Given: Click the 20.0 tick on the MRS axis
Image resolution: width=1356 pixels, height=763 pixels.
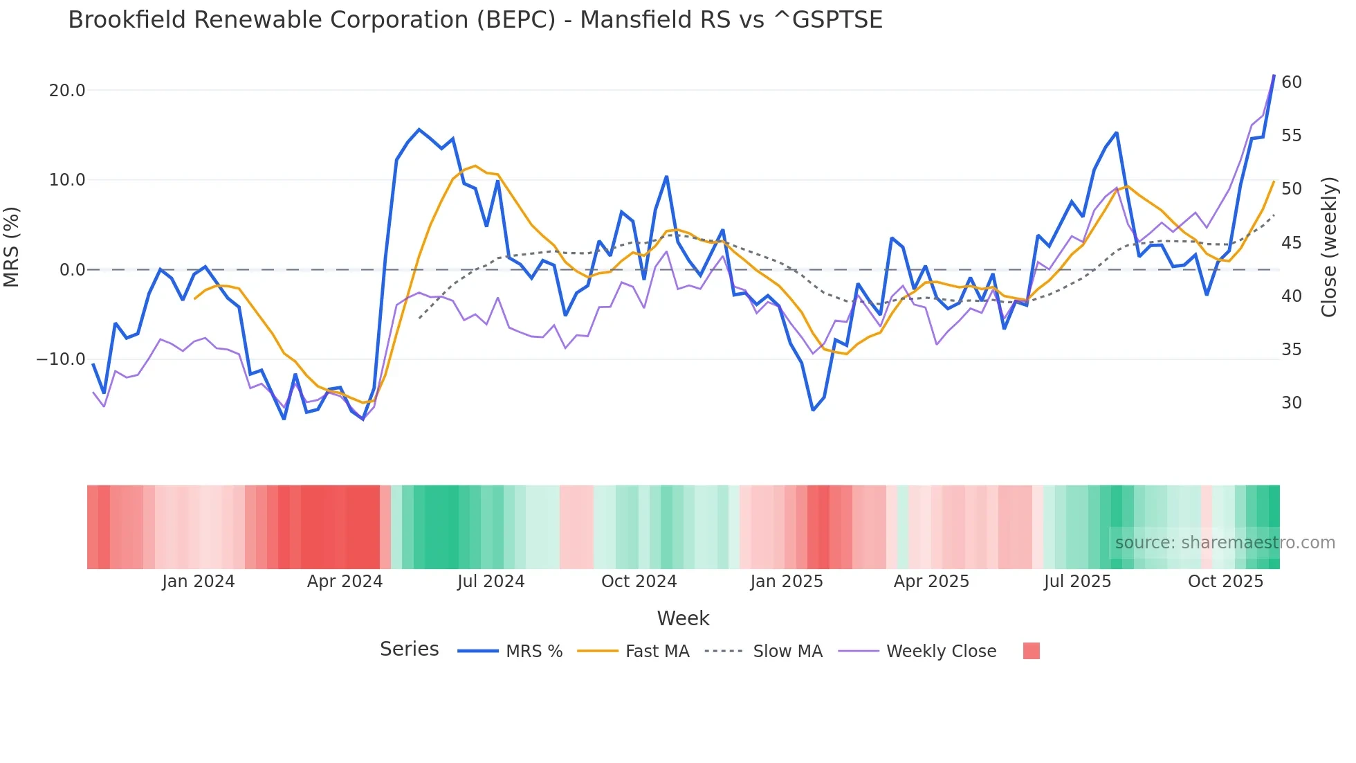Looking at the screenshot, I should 67,91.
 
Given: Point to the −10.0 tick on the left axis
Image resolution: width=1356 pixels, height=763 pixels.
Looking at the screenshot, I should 61,359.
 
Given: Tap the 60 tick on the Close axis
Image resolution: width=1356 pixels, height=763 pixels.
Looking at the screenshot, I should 1291,82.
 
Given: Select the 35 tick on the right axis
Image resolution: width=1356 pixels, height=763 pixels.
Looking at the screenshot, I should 1291,350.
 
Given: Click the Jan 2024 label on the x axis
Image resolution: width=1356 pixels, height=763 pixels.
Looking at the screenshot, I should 199,582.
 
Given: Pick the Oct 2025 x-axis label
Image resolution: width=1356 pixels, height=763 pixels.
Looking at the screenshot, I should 1225,582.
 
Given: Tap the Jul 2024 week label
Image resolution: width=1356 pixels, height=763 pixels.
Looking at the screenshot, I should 491,582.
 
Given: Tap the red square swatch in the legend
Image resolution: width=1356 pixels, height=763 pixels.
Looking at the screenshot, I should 1031,651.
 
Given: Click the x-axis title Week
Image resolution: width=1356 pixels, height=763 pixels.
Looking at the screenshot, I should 683,618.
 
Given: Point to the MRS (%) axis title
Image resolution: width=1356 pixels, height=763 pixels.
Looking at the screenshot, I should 12,246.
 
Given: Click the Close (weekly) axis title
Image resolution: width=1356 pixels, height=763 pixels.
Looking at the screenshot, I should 1328,247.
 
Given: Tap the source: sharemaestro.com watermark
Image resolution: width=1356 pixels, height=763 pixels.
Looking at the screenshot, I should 1225,543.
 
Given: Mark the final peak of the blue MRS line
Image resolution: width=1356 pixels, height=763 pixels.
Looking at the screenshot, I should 1274,75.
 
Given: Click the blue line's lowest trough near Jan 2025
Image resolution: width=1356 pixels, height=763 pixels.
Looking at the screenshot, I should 813,410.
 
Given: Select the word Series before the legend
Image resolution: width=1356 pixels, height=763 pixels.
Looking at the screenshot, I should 409,649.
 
